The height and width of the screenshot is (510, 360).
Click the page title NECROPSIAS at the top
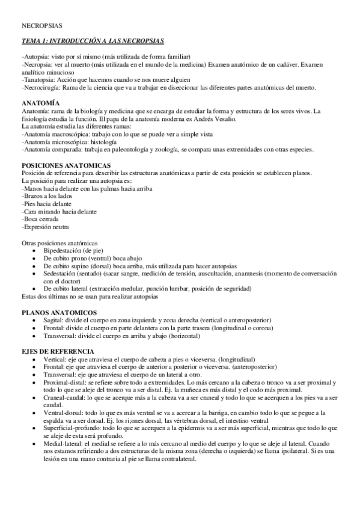pos(41,27)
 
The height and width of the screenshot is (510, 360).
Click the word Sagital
pos(53,320)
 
